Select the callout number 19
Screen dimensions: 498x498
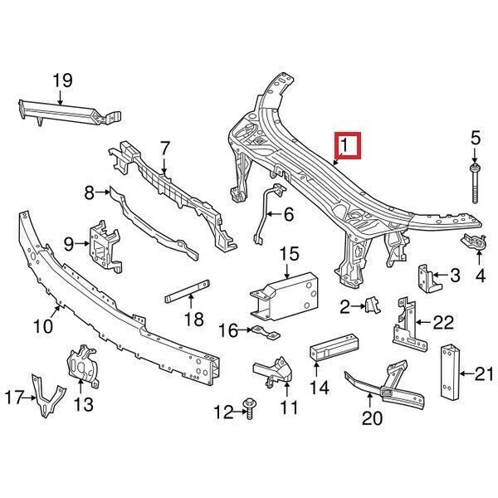pos(62,81)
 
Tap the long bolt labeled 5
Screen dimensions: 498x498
pos(475,183)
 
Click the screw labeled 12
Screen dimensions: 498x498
pos(249,409)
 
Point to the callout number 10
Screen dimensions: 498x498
pos(43,326)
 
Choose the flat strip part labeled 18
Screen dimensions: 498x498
pos(188,291)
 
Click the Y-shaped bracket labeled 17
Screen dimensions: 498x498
pos(47,396)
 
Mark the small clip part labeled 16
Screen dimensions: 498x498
pos(266,332)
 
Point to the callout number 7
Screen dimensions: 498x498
pos(164,148)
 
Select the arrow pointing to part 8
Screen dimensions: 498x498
pos(103,193)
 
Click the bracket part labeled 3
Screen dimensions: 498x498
pos(429,279)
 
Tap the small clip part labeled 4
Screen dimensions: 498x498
pos(473,242)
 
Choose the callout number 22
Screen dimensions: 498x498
pos(444,323)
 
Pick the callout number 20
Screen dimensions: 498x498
pos(372,417)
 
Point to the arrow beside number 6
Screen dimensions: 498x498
pos(273,214)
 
